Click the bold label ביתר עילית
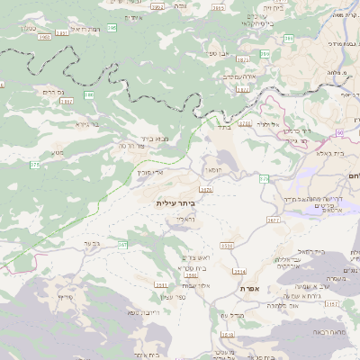click(x=175, y=203)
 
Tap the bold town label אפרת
click(x=249, y=288)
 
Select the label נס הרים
click(x=53, y=92)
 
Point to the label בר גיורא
click(x=86, y=123)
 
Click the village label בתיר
click(x=223, y=127)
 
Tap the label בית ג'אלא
click(x=316, y=153)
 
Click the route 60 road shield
click(x=341, y=133)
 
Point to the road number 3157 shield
click(x=332, y=304)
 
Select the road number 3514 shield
click(x=239, y=271)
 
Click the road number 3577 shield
click(x=274, y=219)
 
